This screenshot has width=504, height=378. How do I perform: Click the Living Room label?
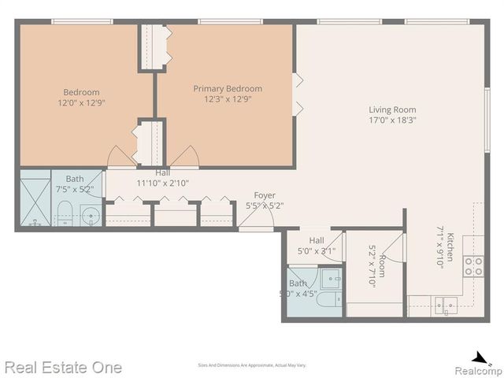[x=392, y=110]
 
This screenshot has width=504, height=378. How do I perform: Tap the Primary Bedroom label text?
[x=228, y=89]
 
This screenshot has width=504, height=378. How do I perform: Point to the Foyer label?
[x=265, y=195]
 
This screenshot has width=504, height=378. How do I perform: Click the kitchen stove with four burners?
[x=473, y=266]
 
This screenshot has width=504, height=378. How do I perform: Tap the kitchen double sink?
[x=446, y=305]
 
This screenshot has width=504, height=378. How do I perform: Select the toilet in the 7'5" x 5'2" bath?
[x=65, y=213]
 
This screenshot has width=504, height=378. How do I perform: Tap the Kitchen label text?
[x=450, y=247]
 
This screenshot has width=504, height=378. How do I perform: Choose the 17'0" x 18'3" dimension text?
[x=392, y=121]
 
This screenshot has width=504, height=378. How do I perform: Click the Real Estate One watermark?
[x=63, y=367]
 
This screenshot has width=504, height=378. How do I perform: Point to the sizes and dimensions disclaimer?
[x=252, y=365]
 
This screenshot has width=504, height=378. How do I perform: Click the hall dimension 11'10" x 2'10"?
[x=162, y=183]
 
